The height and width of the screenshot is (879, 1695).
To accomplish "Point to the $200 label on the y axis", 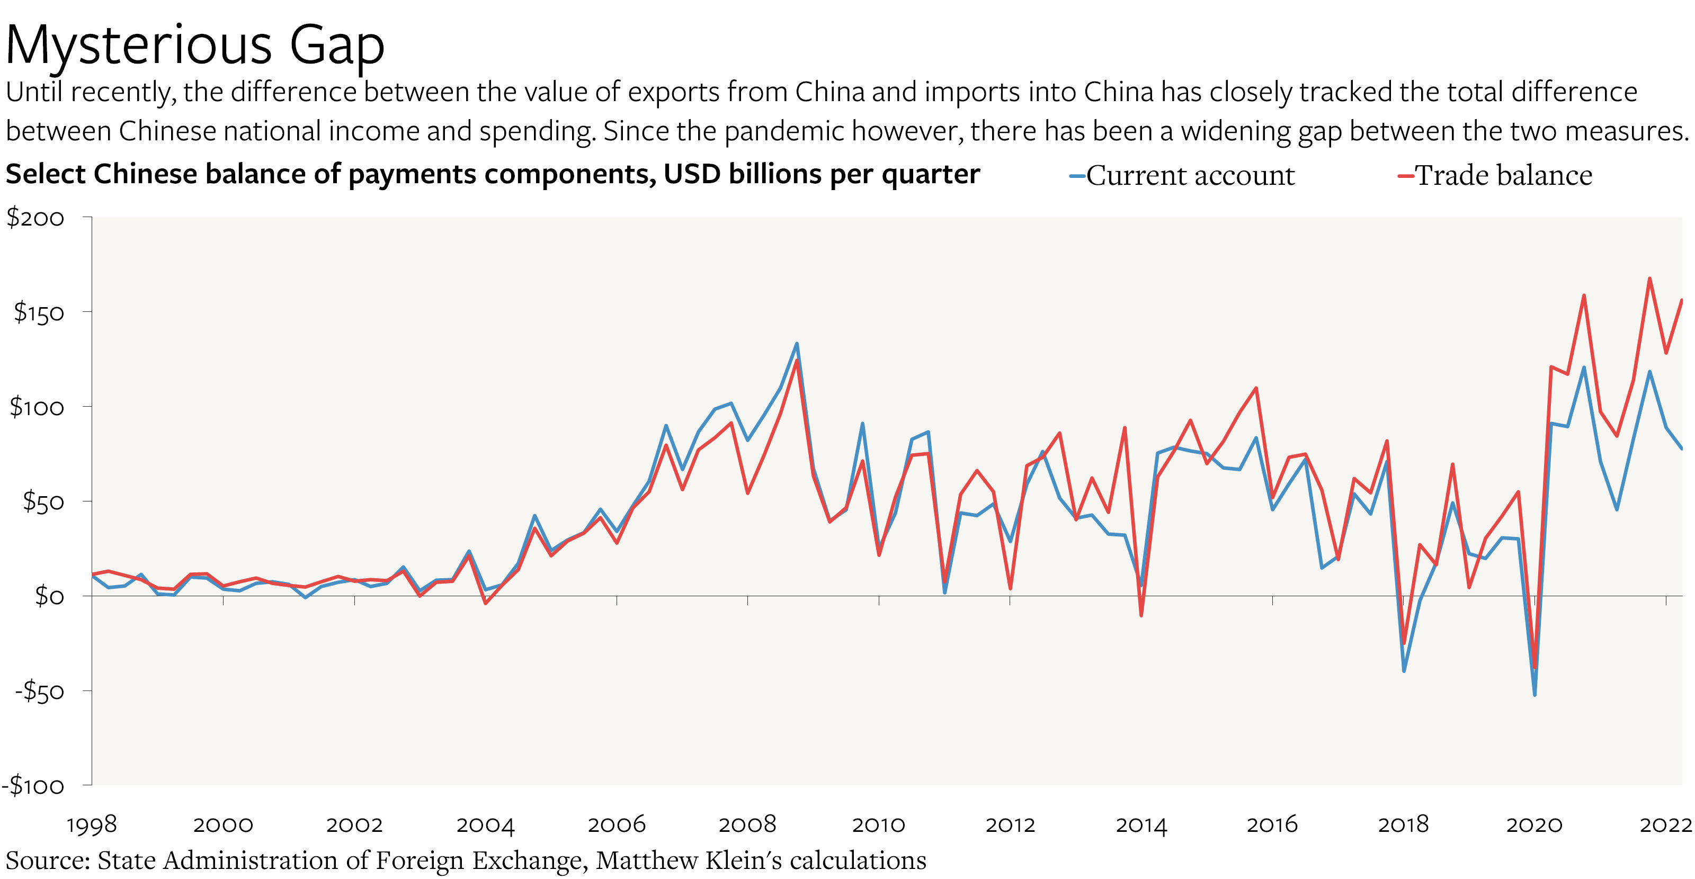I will click(x=35, y=218).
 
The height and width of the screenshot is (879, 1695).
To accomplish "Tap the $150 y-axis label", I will click(x=38, y=312).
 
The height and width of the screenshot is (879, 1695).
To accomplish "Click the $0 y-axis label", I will click(x=49, y=596).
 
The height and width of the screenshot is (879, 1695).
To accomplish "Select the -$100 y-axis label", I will click(x=33, y=786).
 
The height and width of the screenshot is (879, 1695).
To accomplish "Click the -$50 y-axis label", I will click(x=40, y=691).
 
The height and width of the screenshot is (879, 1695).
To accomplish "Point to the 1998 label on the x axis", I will click(x=92, y=824).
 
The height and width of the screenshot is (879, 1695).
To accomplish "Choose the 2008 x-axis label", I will click(x=747, y=824).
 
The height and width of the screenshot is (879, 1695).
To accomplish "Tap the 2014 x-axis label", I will click(x=1141, y=824).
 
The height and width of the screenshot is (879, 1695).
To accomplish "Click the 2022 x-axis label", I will click(x=1665, y=824).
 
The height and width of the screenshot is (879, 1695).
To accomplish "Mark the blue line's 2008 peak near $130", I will click(x=797, y=344).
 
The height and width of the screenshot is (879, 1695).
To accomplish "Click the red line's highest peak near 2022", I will click(x=1649, y=279).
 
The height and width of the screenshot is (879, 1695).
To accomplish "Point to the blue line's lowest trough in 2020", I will click(x=1535, y=695).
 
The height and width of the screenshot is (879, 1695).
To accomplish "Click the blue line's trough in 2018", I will click(x=1404, y=671).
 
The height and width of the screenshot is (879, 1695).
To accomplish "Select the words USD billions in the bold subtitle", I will click(x=742, y=174).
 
